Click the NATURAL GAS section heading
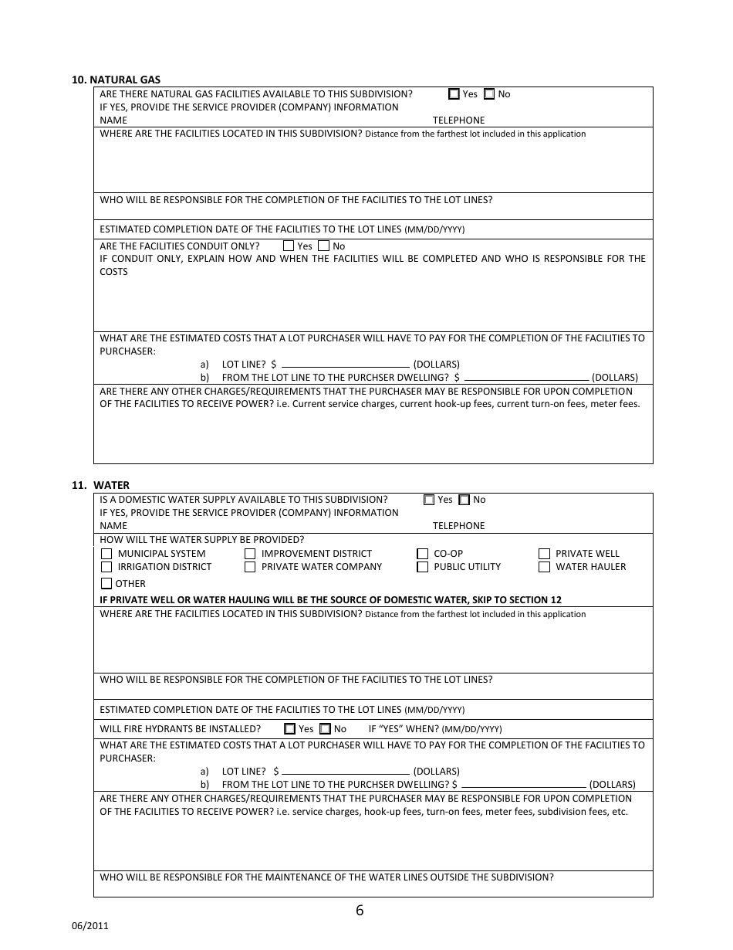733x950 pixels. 117,80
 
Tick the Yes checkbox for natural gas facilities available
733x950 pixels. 454,94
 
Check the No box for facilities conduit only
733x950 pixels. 324,246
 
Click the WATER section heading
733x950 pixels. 111,485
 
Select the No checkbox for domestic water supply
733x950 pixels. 464,500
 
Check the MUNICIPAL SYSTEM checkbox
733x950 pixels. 106,554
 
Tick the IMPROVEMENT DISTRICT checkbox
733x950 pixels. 250,554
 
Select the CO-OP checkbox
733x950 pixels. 422,554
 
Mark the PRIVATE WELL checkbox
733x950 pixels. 544,554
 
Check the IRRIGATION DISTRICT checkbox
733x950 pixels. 106,567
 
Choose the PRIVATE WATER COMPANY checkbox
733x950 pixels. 250,567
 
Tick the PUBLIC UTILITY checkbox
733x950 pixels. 422,567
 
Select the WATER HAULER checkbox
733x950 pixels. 544,567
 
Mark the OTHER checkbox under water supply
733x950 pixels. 106,584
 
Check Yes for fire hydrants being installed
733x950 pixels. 290,728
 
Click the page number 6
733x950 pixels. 360,910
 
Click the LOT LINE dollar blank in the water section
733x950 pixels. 346,771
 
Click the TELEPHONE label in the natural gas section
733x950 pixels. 458,120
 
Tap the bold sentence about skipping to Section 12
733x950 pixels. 330,600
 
